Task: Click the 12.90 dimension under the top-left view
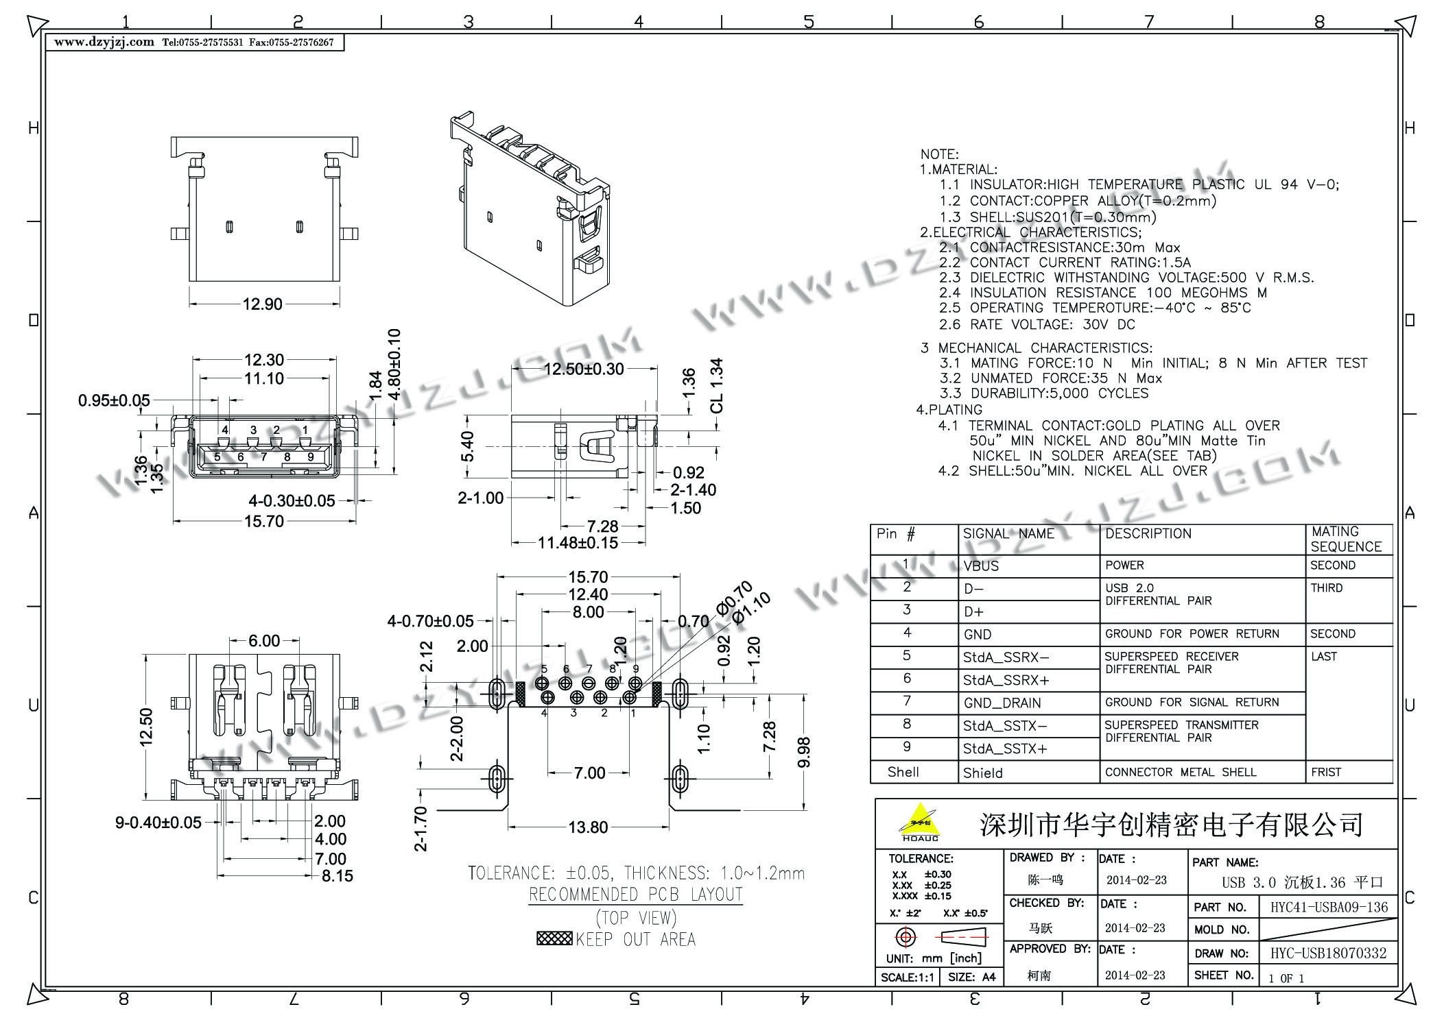(x=262, y=304)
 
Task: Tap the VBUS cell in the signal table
(x=981, y=566)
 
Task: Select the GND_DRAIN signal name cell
(x=1002, y=703)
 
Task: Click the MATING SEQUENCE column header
(x=1345, y=539)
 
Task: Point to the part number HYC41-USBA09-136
(x=1329, y=908)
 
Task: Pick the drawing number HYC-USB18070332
(x=1328, y=954)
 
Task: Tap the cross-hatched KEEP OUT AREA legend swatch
(x=554, y=938)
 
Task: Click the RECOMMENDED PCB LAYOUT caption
(x=635, y=895)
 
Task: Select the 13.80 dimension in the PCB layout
(x=588, y=827)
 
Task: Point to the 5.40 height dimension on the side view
(x=467, y=446)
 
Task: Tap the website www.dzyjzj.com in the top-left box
(x=104, y=42)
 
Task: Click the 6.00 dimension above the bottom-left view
(x=264, y=641)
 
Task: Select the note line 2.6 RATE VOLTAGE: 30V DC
(x=1037, y=325)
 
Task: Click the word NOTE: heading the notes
(x=939, y=154)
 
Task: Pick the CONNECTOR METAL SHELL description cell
(x=1181, y=773)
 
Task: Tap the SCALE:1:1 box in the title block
(x=907, y=977)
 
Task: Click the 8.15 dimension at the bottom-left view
(x=337, y=876)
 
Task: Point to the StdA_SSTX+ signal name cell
(x=1005, y=749)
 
